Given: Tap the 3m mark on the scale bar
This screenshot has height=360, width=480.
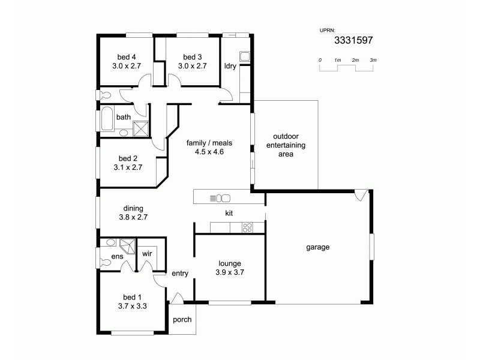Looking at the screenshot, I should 373,61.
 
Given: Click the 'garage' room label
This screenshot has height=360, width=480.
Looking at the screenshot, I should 317,247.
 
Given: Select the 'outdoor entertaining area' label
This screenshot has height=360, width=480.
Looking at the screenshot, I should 285,145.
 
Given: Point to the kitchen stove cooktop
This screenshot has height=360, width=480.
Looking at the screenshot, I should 247,227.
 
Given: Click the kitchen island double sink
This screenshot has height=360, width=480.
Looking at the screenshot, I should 223,197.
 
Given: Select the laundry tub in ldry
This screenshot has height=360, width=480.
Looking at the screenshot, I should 245,57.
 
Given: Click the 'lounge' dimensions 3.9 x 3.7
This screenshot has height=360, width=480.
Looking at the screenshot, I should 230,272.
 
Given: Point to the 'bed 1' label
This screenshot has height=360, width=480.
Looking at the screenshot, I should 133,297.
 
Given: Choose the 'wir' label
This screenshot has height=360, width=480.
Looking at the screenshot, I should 148,253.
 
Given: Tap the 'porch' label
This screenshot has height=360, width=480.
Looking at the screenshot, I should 182,319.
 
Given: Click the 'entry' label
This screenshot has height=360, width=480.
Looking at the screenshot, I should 180,274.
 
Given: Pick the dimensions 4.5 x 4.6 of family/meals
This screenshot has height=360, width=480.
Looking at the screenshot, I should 209,152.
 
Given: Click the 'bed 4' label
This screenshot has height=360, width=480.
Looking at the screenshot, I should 127,57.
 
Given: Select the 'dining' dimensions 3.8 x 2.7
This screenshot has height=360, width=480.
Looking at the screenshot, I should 133,217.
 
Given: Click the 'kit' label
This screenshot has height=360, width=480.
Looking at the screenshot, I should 229,213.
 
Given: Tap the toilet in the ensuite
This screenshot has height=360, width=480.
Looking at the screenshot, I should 106,262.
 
